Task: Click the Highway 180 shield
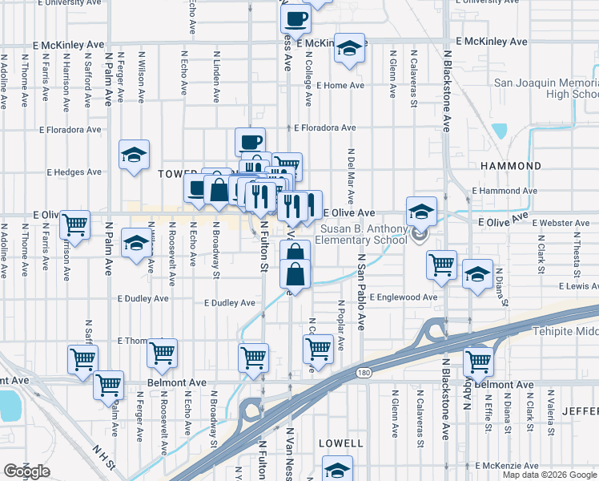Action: click(x=364, y=373)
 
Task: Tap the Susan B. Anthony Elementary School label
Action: click(x=363, y=233)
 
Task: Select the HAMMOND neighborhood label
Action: click(x=511, y=165)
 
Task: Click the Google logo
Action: click(x=26, y=471)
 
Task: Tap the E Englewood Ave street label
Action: click(x=403, y=297)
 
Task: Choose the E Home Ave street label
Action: click(x=341, y=85)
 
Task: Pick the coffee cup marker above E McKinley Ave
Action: click(x=295, y=18)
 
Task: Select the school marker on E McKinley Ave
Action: click(x=349, y=49)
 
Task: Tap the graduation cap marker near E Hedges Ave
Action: click(x=135, y=156)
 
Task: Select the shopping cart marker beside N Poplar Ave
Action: click(x=318, y=350)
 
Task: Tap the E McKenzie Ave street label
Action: click(x=507, y=465)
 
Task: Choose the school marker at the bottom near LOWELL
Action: click(x=337, y=470)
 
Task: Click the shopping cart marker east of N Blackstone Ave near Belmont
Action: click(x=478, y=362)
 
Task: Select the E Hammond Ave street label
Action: click(x=504, y=191)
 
